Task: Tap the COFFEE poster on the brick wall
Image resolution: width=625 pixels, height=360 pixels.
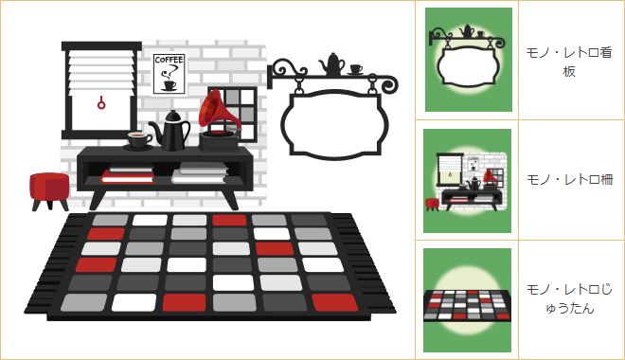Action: click(x=169, y=74)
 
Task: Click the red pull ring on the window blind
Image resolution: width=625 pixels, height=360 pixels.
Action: click(x=101, y=103)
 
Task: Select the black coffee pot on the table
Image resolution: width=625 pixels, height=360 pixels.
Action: click(x=170, y=131)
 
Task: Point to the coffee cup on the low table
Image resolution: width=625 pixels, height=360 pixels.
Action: click(x=138, y=140)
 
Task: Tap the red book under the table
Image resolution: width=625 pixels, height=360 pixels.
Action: click(x=128, y=176)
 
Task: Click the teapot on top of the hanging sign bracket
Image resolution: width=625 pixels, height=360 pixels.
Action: click(x=331, y=64)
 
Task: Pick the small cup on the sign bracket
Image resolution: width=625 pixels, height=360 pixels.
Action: click(x=355, y=69)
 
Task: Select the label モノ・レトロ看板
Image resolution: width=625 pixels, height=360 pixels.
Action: click(x=569, y=62)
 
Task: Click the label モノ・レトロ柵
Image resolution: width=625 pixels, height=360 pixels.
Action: click(x=569, y=180)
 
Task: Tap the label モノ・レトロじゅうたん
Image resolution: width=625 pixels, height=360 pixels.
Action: click(x=569, y=298)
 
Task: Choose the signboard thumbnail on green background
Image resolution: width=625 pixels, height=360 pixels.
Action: click(x=469, y=60)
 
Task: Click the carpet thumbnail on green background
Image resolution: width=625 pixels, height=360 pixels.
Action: click(x=467, y=300)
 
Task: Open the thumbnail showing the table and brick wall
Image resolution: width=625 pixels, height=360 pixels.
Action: click(x=467, y=181)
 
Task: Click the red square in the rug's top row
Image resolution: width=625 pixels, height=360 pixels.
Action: click(x=229, y=220)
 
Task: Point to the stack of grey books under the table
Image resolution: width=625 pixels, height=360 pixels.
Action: click(x=200, y=172)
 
